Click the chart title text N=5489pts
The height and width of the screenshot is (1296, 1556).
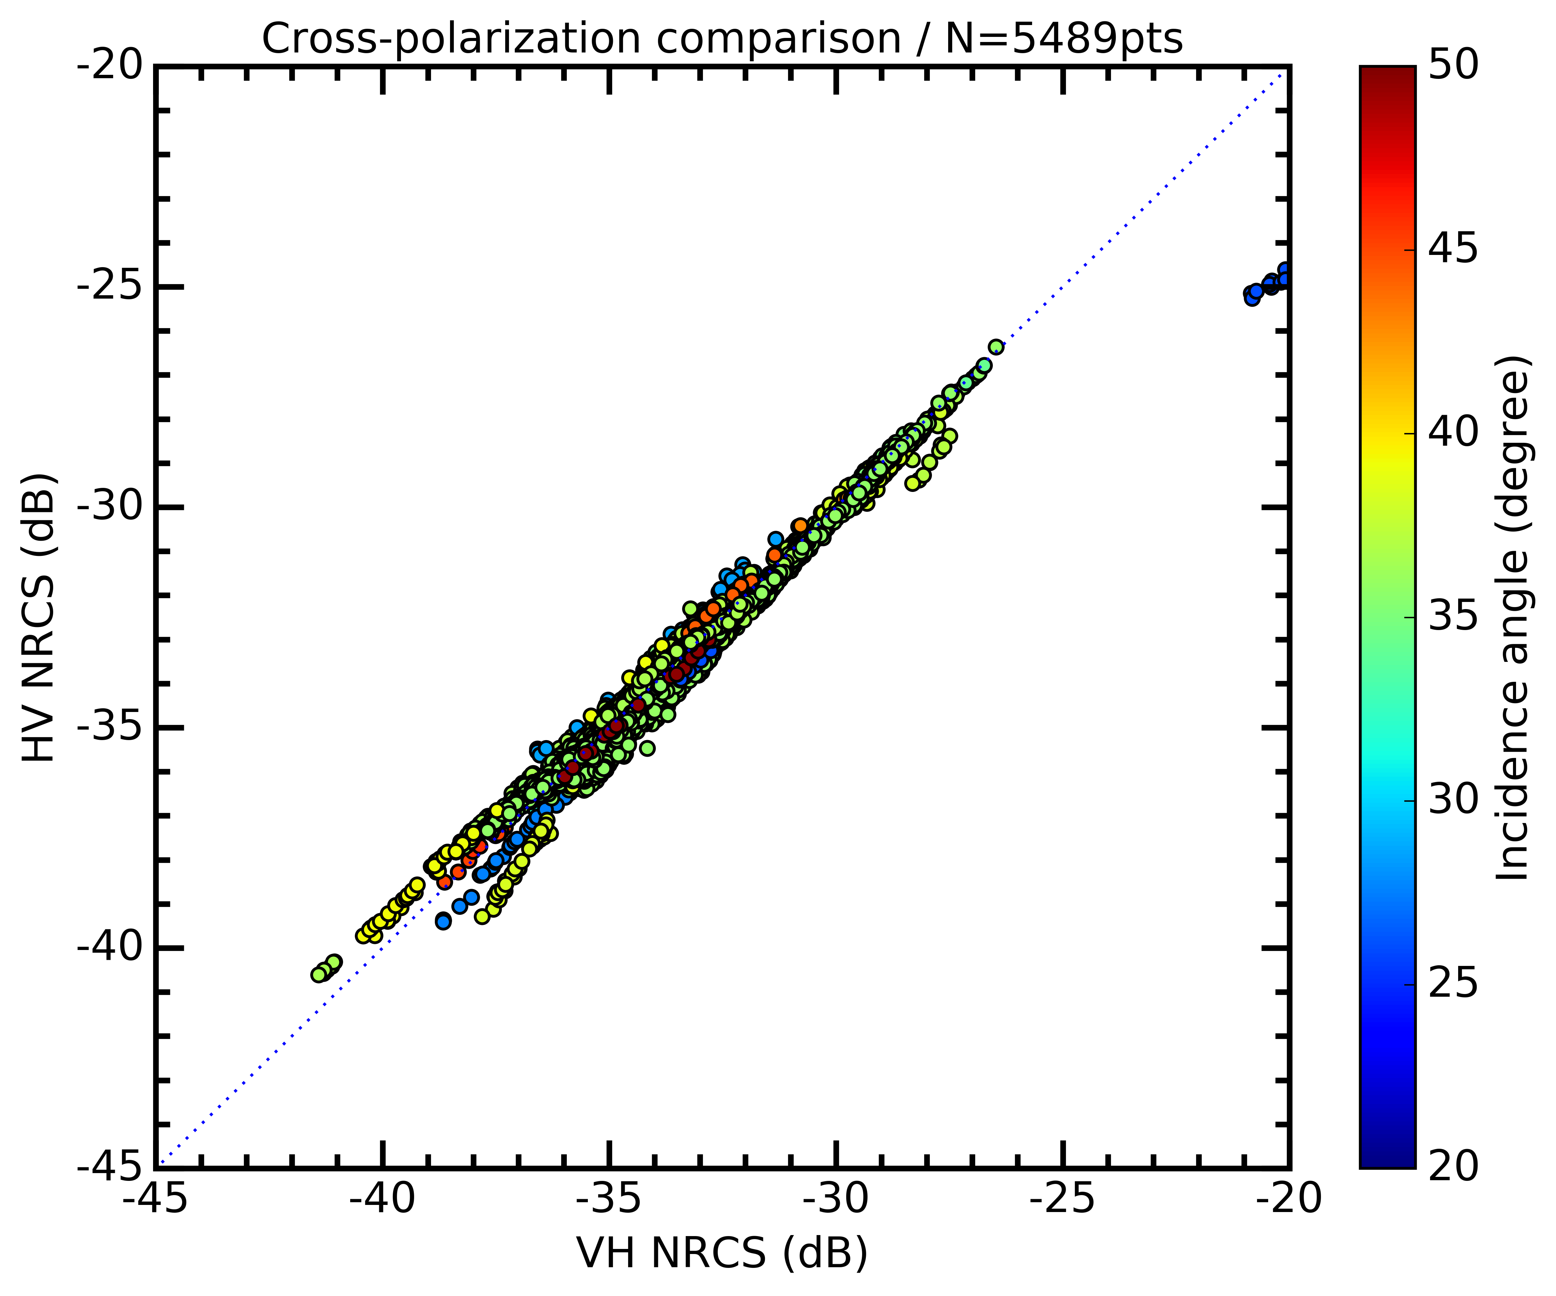coord(1064,39)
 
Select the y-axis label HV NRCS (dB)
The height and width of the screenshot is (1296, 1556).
coord(39,617)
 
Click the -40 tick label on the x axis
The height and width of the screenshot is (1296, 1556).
coord(382,1198)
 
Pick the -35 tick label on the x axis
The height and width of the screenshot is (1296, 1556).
coord(609,1198)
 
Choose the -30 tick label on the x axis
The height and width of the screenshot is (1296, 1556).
coord(836,1198)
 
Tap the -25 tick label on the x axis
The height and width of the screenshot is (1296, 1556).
coord(1063,1198)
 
